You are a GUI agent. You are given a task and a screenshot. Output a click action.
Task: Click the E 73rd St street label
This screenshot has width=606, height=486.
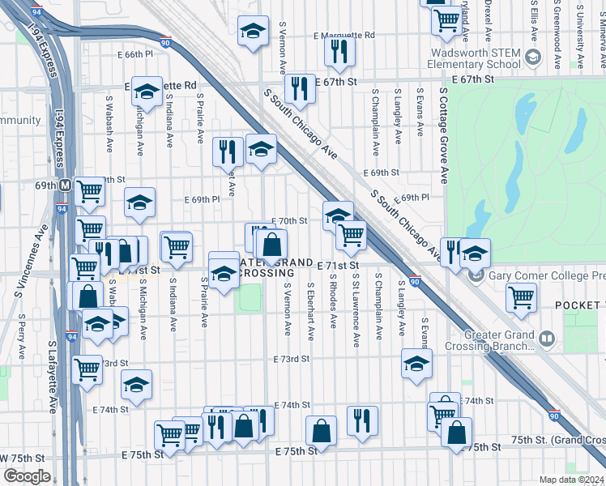click(x=292, y=359)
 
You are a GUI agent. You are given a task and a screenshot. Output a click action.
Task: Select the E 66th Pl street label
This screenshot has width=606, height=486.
click(x=134, y=54)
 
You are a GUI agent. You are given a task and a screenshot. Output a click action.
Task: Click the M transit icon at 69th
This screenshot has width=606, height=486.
click(x=64, y=185)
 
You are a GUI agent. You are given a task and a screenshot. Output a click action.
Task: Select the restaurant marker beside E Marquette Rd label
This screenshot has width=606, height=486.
click(x=338, y=51)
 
